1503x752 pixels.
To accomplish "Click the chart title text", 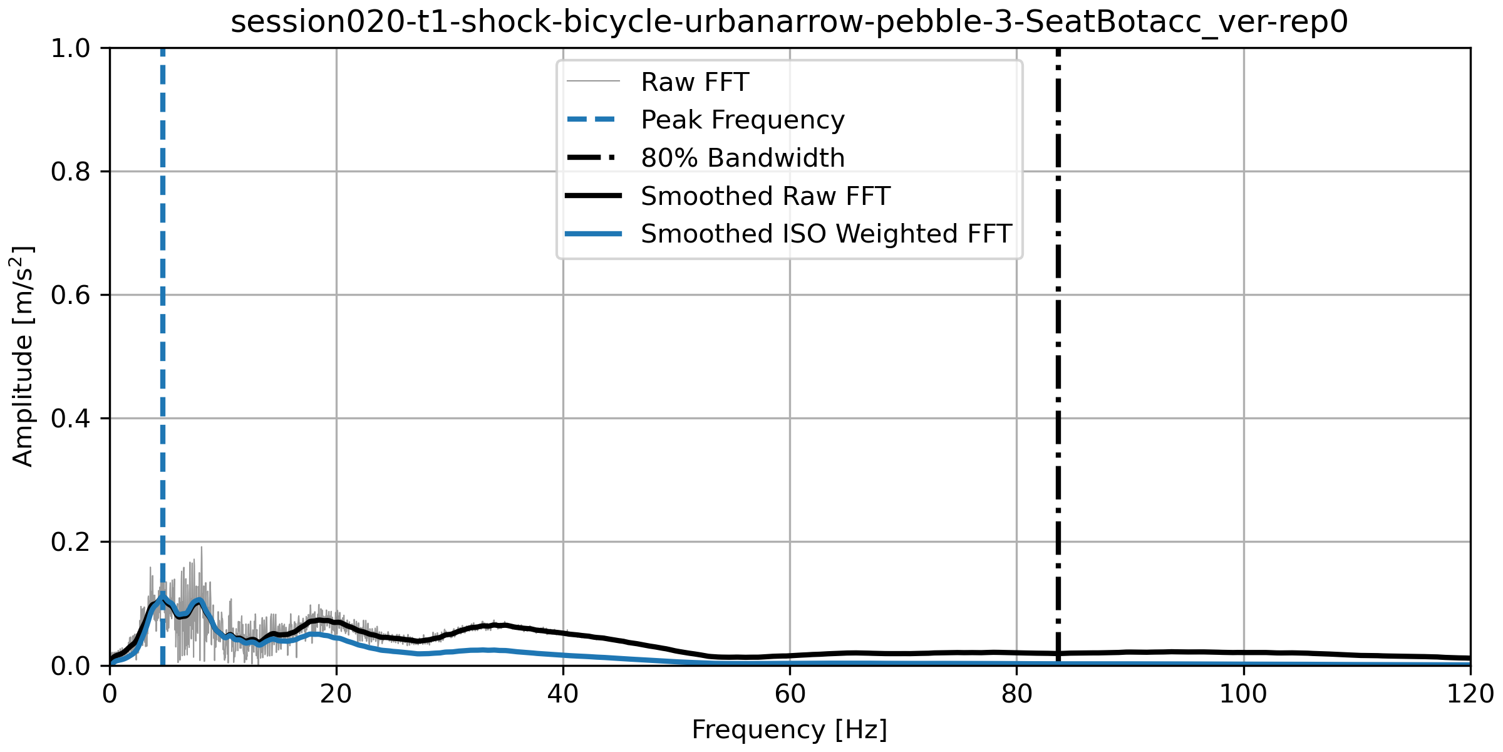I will tap(789, 23).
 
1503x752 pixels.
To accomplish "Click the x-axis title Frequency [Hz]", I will tap(789, 730).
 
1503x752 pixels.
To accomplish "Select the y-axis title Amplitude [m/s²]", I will tap(23, 356).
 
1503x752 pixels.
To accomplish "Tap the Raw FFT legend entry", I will tap(695, 82).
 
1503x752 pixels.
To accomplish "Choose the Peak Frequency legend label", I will tap(742, 120).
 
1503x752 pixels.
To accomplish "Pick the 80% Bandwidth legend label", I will tap(742, 158).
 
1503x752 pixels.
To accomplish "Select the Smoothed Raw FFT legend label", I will tap(765, 196).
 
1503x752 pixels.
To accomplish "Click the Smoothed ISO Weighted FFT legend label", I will tap(825, 234).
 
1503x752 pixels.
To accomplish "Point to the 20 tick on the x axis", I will tap(336, 694).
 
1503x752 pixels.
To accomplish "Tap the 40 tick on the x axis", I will tap(563, 694).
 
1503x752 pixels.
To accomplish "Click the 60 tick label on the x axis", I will tap(790, 694).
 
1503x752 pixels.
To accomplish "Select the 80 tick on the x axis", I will tap(1016, 694).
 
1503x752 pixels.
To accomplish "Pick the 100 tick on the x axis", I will tap(1243, 694).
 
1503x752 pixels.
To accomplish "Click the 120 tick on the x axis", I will tap(1470, 694).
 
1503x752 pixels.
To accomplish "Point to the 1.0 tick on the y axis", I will tap(71, 48).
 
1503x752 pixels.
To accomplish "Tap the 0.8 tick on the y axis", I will tap(71, 172).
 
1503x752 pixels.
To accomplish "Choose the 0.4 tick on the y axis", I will tap(71, 419).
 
